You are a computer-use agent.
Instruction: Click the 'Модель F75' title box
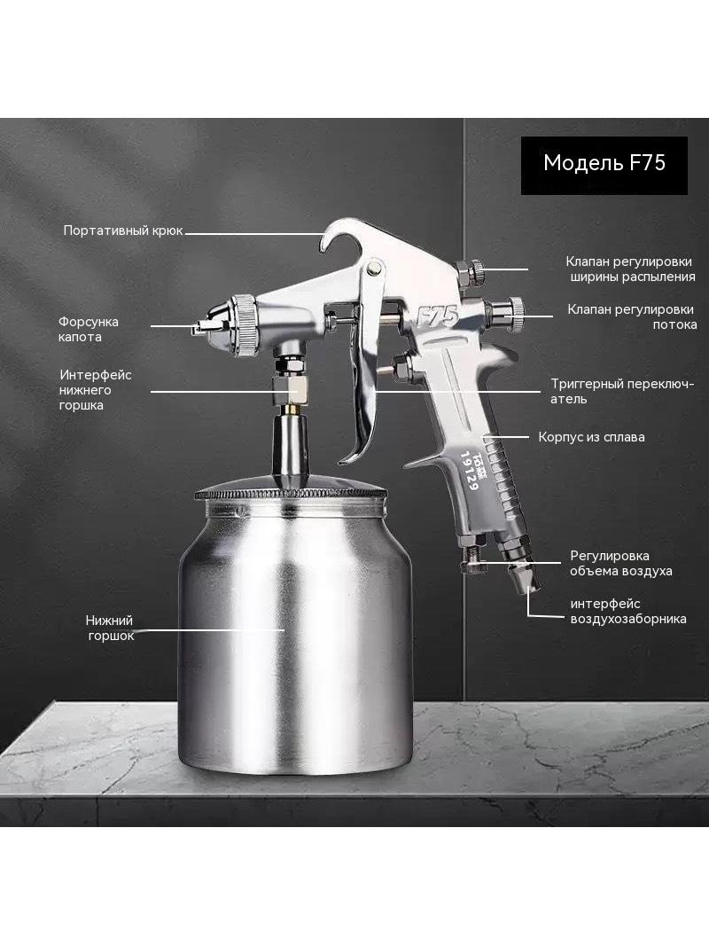(x=604, y=165)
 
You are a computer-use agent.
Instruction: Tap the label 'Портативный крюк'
(x=123, y=230)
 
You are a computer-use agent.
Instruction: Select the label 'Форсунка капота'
(x=88, y=329)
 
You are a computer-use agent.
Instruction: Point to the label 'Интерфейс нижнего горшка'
(x=95, y=390)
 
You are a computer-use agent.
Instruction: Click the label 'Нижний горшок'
(x=110, y=628)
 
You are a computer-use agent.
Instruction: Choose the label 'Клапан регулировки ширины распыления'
(x=630, y=269)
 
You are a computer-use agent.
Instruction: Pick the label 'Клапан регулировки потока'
(x=632, y=316)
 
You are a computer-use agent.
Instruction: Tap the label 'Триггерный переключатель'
(x=622, y=391)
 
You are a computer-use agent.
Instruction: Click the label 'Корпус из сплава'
(x=591, y=437)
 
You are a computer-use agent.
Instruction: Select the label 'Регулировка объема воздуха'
(x=621, y=563)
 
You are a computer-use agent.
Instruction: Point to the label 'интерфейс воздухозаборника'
(x=628, y=611)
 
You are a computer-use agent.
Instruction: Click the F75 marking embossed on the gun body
(x=438, y=315)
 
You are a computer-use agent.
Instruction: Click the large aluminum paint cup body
(x=295, y=627)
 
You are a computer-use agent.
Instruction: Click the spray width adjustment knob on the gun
(x=471, y=272)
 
